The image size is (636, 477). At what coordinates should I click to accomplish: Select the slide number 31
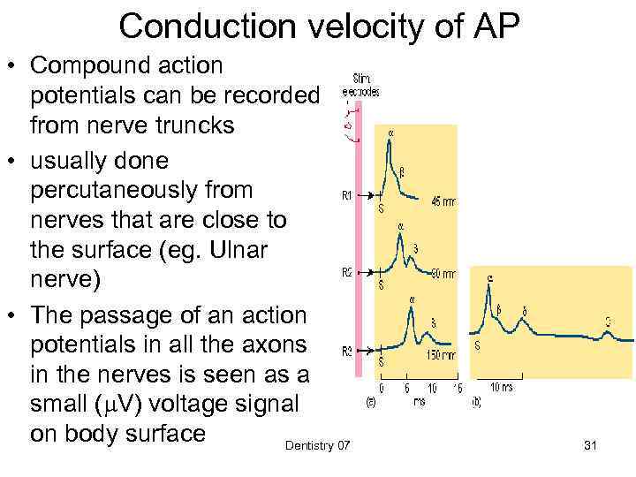coord(591,447)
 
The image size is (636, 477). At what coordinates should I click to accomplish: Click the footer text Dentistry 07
coord(317,447)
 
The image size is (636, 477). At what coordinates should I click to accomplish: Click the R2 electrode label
coord(349,273)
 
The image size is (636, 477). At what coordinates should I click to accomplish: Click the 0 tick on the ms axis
coord(382,387)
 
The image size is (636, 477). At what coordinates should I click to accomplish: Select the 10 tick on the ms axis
coord(431,387)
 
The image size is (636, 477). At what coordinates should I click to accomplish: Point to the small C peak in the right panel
coord(608,333)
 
